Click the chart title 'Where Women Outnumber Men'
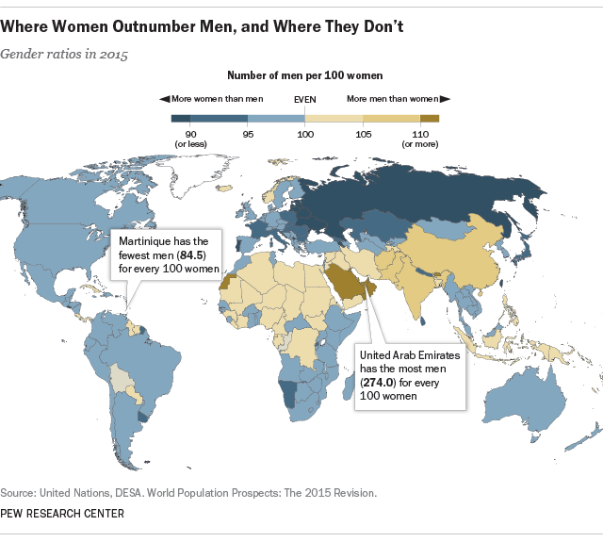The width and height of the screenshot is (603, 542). [x=203, y=26]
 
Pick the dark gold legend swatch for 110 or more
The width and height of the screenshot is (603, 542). [x=429, y=119]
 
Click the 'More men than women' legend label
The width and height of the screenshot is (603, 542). [x=394, y=98]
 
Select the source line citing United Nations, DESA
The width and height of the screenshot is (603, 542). [x=188, y=493]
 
